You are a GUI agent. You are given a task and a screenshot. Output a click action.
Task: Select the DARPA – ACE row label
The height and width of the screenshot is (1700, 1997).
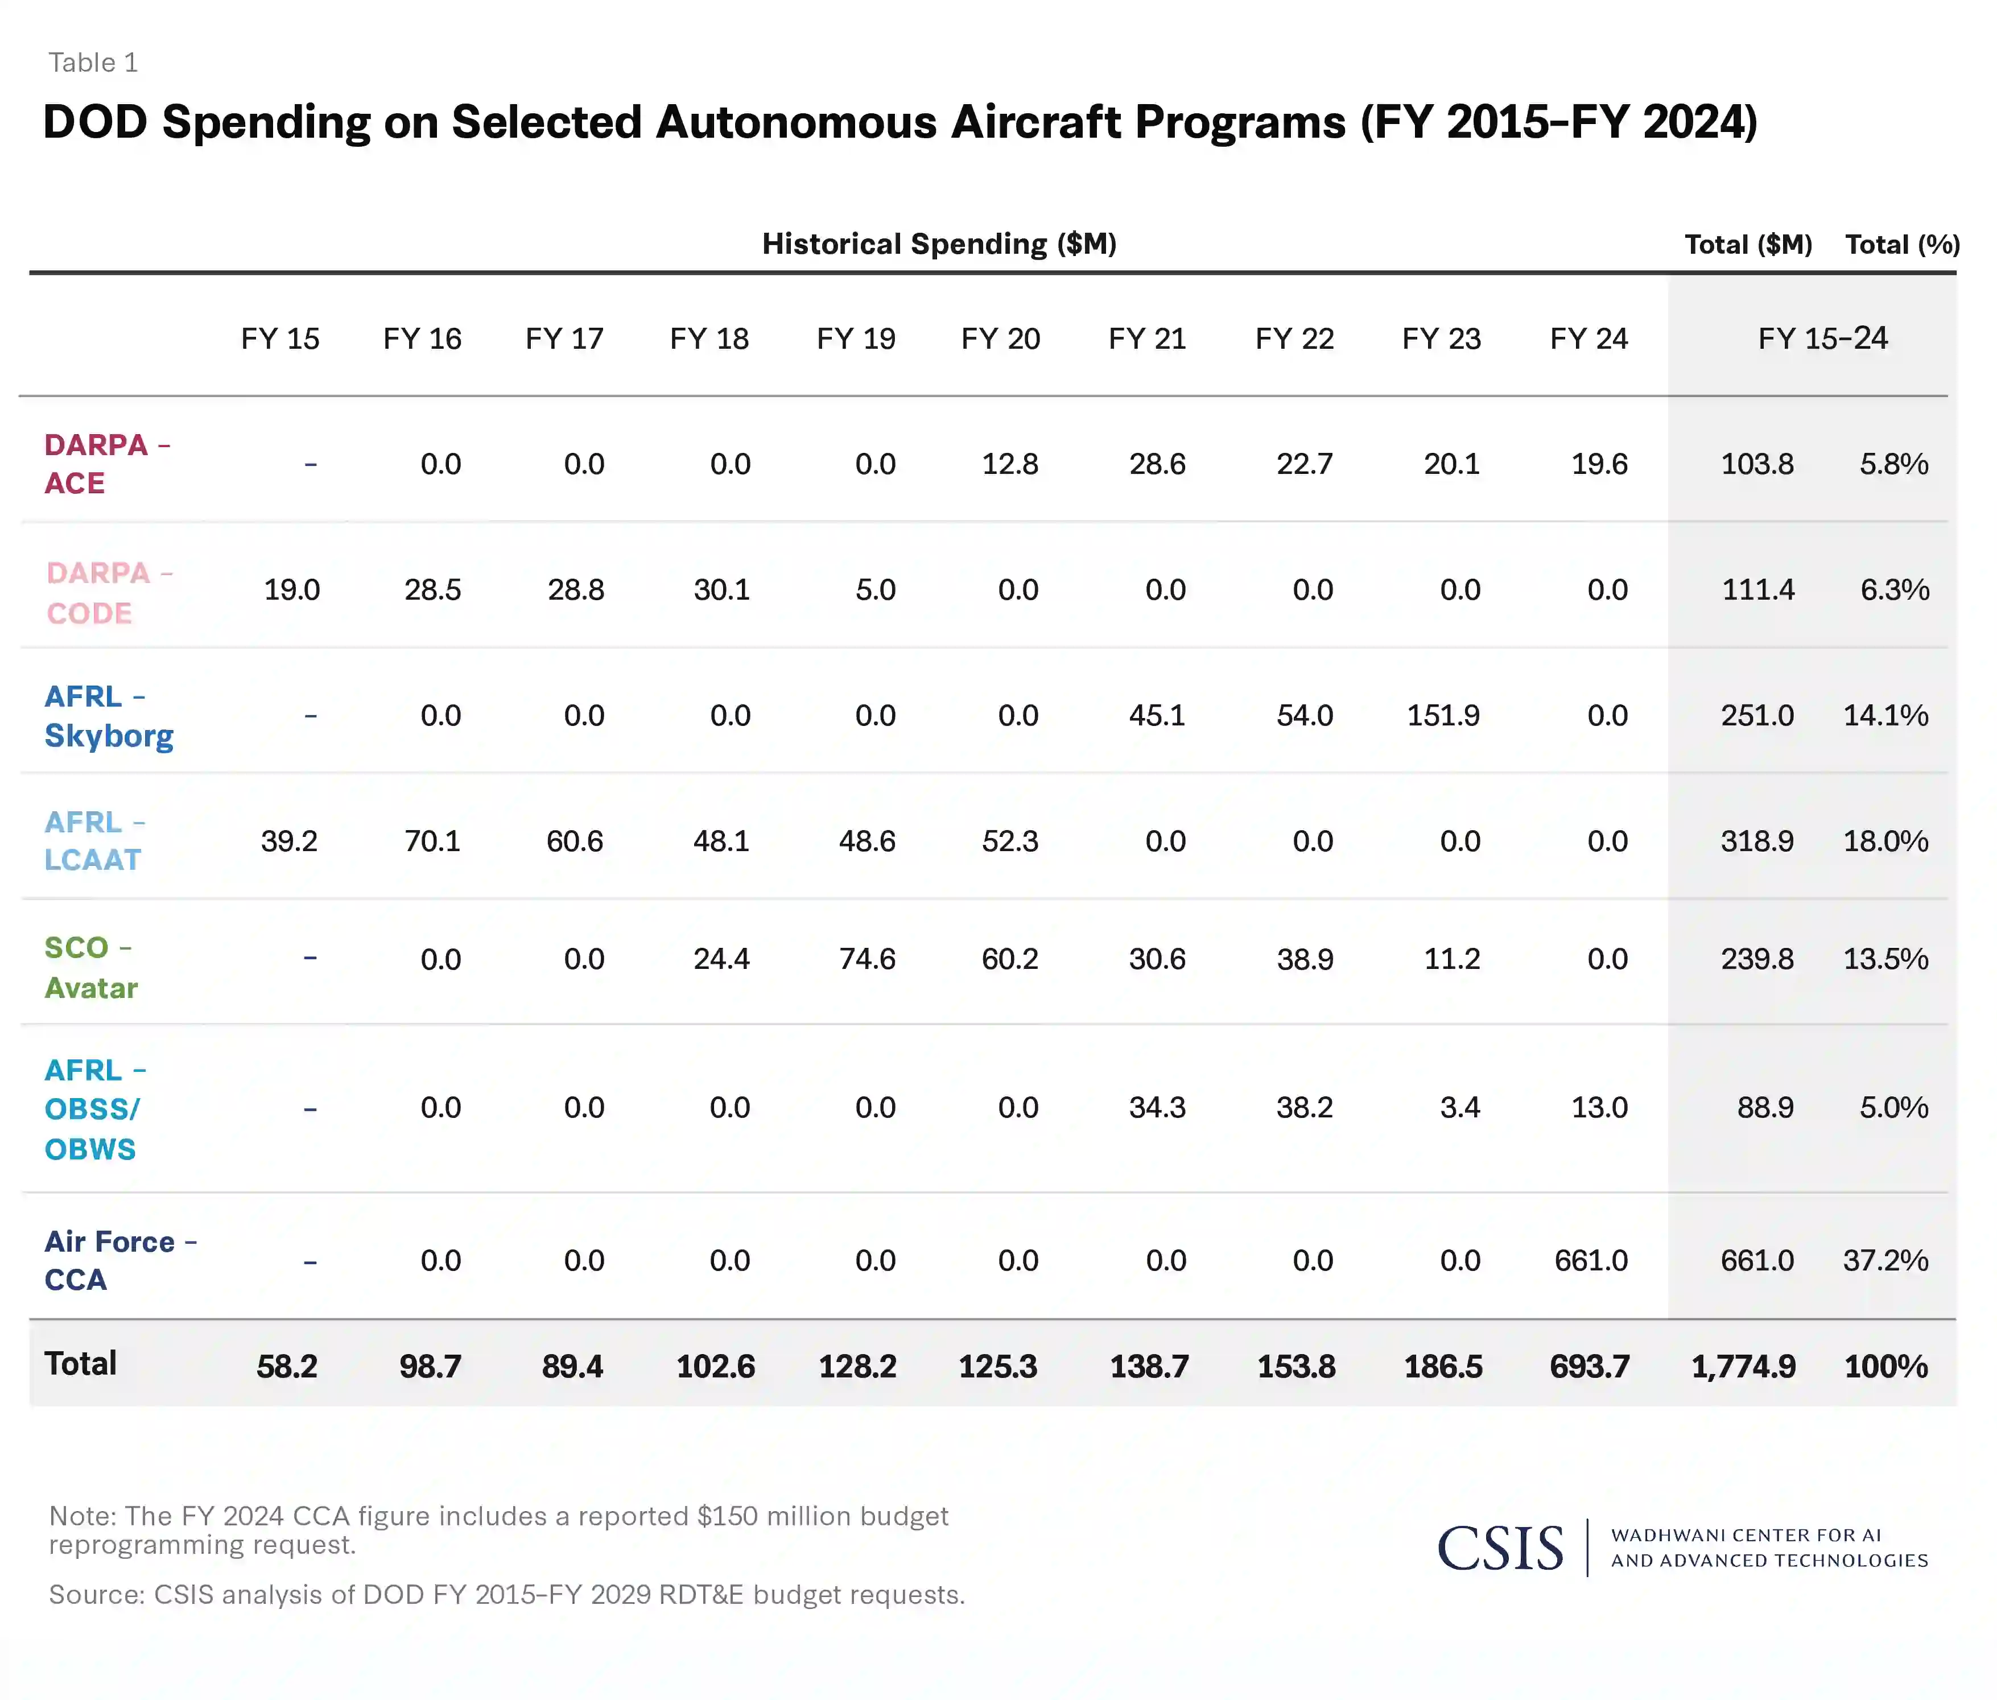[x=106, y=464]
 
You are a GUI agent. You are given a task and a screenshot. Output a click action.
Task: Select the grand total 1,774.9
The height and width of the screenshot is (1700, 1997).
[x=1743, y=1367]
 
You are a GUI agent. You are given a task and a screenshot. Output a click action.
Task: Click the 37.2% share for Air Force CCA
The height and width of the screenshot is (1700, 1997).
[x=1885, y=1261]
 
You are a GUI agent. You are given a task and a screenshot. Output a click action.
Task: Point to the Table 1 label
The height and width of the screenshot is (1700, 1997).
[x=93, y=63]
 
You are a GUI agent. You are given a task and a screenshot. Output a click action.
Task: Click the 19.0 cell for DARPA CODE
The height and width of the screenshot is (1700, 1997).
[x=291, y=590]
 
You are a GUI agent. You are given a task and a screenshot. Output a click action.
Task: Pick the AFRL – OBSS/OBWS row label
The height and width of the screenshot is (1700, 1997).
[x=94, y=1109]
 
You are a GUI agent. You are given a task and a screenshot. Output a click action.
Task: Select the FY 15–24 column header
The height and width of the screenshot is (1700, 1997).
[x=1822, y=339]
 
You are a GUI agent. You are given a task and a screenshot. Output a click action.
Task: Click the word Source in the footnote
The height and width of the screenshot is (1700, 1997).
[x=96, y=1595]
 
